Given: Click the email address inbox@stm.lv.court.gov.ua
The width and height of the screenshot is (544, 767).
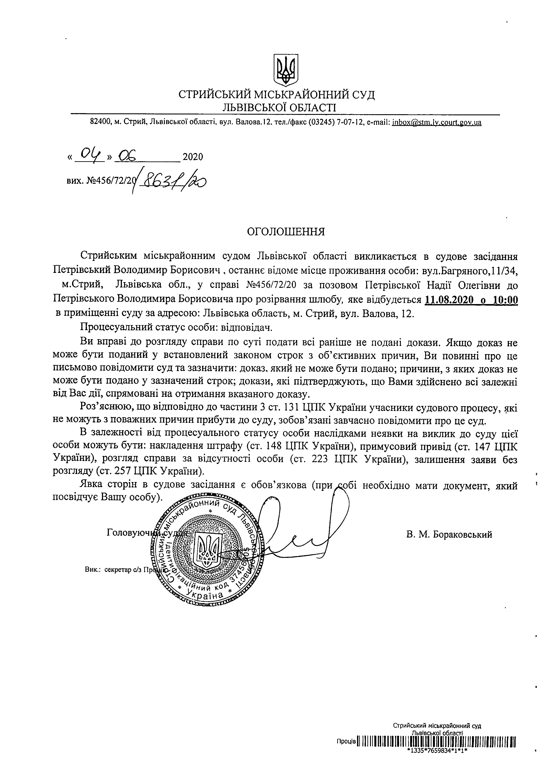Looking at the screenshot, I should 436,122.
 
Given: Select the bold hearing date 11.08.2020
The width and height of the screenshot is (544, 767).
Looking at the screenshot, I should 449,300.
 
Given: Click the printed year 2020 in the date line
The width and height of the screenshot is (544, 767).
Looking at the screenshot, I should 193,157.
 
